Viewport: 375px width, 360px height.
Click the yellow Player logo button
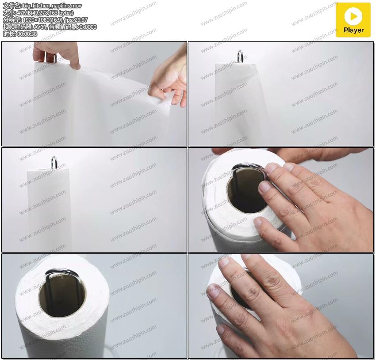353,20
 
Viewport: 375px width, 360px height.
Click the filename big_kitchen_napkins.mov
52,6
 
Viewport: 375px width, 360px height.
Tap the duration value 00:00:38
27,34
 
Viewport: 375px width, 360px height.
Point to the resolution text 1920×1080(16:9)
43,20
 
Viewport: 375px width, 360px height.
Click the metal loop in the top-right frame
240,56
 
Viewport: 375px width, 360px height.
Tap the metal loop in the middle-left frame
54,162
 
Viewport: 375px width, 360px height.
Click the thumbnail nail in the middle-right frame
257,222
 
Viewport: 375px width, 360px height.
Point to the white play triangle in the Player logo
353,16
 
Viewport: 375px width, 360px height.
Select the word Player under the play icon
354,30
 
